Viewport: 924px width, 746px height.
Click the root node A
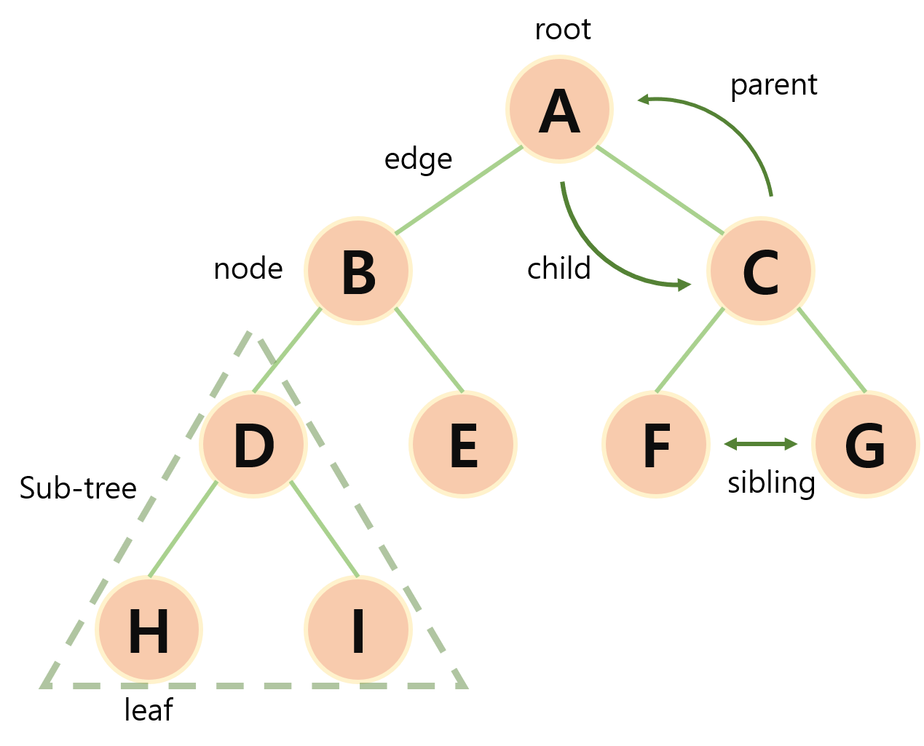pos(559,108)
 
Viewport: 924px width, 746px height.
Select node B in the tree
pos(358,271)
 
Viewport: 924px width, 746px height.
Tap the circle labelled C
pos(761,271)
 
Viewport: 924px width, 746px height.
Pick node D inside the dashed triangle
pos(253,444)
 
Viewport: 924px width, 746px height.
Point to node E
pos(463,444)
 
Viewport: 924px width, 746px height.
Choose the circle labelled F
pos(656,444)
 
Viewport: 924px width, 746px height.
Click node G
pos(866,444)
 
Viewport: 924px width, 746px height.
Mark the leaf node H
pos(149,630)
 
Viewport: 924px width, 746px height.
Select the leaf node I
pos(358,630)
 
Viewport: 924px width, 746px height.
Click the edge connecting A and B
pos(459,190)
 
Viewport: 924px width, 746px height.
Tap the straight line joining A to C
pos(660,190)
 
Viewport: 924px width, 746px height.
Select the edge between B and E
pos(430,351)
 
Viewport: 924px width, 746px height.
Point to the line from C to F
pos(690,351)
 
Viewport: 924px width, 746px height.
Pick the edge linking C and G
pos(832,351)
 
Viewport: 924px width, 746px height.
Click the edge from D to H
pos(183,529)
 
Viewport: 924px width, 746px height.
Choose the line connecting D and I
pos(324,529)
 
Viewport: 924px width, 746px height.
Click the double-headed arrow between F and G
pos(761,444)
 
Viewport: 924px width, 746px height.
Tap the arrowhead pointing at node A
pos(643,99)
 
